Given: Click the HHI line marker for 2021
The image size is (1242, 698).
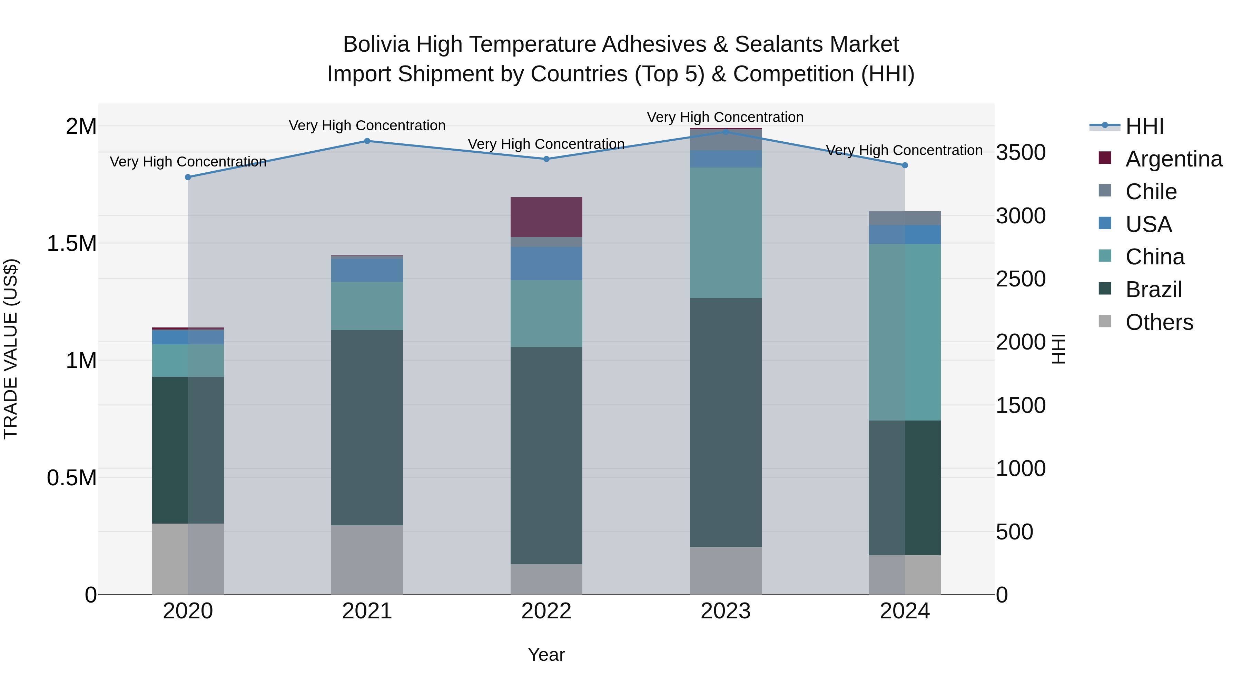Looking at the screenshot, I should point(367,141).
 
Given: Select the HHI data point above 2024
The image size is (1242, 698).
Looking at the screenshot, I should point(905,165).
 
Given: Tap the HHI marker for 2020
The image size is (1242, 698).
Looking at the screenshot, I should point(188,177).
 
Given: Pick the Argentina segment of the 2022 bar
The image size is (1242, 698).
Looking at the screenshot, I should point(546,217).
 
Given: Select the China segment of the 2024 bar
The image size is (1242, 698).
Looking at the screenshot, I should point(905,332).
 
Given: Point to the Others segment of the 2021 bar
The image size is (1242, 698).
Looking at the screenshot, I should point(367,559).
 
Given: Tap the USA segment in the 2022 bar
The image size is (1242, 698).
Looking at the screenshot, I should point(546,263).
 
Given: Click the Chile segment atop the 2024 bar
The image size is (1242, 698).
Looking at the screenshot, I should point(905,218).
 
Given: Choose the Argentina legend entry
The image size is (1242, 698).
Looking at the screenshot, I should point(1174,159).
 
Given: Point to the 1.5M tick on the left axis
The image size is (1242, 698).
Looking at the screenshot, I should point(72,244).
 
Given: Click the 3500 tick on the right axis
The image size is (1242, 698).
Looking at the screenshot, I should point(1021,153).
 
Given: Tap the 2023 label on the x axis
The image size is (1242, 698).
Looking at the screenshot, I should point(726,611).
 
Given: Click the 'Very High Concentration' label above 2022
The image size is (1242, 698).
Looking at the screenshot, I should point(546,144).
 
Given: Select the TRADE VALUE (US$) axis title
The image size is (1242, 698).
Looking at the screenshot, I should point(11,349).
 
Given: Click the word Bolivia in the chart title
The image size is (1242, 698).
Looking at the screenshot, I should point(376,44).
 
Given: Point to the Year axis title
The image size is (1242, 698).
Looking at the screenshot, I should point(546,655).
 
